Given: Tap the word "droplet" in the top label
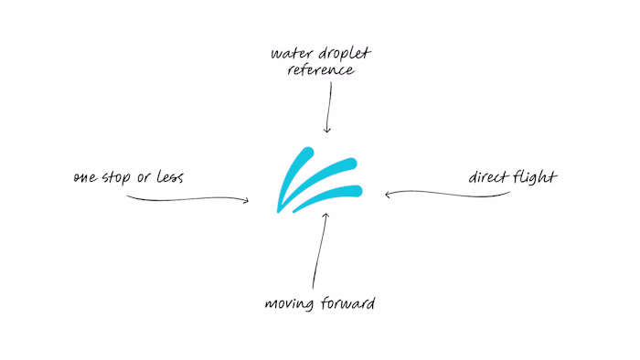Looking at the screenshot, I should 341,53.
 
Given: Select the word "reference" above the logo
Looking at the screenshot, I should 321,71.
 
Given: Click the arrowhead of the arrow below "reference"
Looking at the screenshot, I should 326,129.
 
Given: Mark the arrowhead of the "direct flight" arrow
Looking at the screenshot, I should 389,193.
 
